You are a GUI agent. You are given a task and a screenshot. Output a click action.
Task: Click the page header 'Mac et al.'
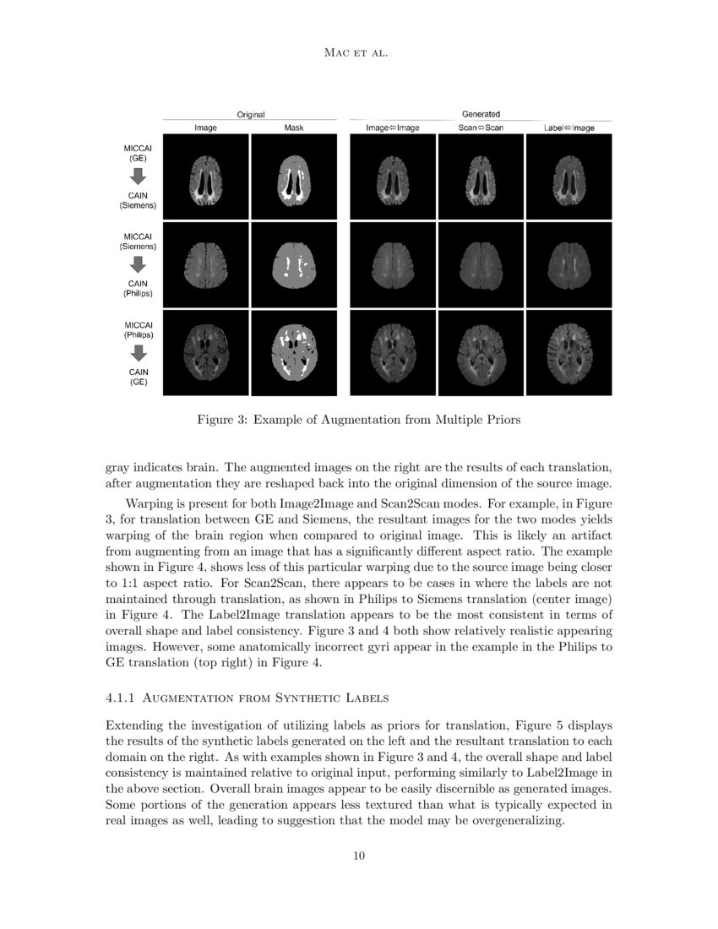pos(359,53)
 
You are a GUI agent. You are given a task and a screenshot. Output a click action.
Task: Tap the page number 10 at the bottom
pos(359,856)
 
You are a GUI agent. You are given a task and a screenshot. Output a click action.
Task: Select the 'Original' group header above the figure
pos(251,114)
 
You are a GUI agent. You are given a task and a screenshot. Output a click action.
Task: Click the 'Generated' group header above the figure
pos(481,114)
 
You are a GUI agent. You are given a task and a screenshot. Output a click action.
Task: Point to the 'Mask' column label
pos(295,128)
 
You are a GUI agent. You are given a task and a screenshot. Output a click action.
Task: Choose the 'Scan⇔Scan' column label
pos(481,128)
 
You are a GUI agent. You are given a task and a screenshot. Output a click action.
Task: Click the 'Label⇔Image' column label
pos(568,128)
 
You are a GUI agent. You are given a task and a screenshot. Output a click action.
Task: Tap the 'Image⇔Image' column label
pos(393,128)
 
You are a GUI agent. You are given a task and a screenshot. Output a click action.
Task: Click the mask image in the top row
pos(295,177)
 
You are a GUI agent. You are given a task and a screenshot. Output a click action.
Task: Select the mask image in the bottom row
pos(295,352)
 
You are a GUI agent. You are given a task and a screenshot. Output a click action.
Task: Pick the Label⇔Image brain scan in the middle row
pos(568,265)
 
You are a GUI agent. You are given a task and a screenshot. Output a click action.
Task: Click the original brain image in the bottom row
pos(207,352)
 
